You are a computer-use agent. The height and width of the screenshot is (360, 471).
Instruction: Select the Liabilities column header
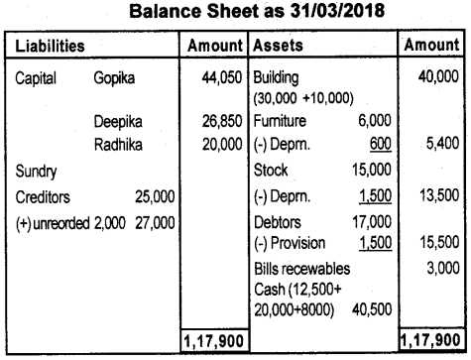coord(49,46)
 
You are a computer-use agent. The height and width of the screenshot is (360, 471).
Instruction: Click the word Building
coord(280,75)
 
